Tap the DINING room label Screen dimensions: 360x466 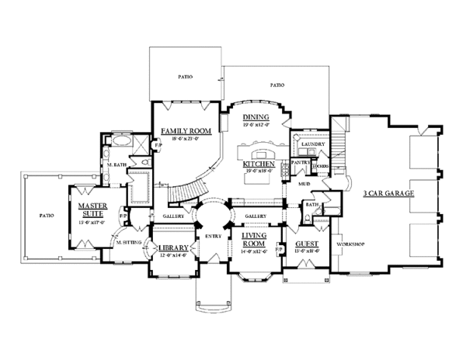(x=256, y=116)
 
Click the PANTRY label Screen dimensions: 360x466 (x=301, y=162)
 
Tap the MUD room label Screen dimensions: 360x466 (x=302, y=185)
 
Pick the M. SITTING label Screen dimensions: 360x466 (x=127, y=243)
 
